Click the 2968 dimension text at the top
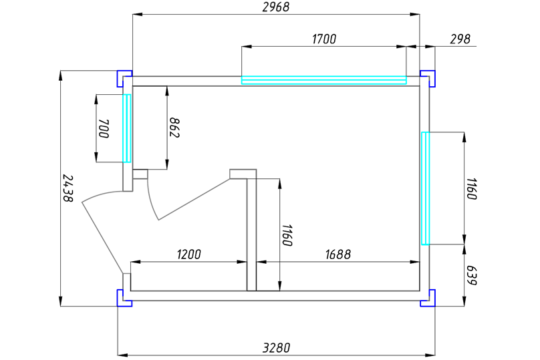click(x=275, y=7)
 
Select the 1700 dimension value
click(x=324, y=39)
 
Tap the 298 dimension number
click(x=460, y=39)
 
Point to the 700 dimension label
click(x=104, y=128)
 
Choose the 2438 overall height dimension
click(x=67, y=188)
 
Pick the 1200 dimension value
click(x=188, y=254)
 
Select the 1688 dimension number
click(x=338, y=254)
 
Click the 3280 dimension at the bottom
click(x=276, y=347)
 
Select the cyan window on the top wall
click(x=323, y=80)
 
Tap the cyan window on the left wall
click(x=126, y=128)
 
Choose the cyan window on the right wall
click(x=424, y=188)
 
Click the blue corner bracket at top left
click(x=122, y=77)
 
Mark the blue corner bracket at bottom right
click(x=429, y=299)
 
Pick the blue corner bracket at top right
click(x=429, y=77)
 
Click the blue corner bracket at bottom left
click(x=122, y=299)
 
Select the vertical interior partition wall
click(x=252, y=234)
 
